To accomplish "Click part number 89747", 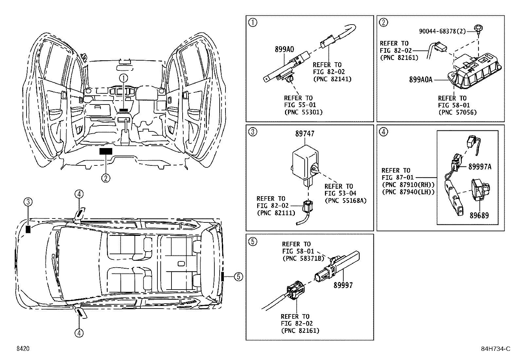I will click(x=305, y=134).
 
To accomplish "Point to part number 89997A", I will click(x=479, y=167).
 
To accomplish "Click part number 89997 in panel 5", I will click(x=343, y=285).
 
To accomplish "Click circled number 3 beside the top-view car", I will click(x=28, y=202).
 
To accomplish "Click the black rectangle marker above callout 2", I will click(x=106, y=151).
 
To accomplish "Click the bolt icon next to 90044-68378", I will click(x=478, y=28).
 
